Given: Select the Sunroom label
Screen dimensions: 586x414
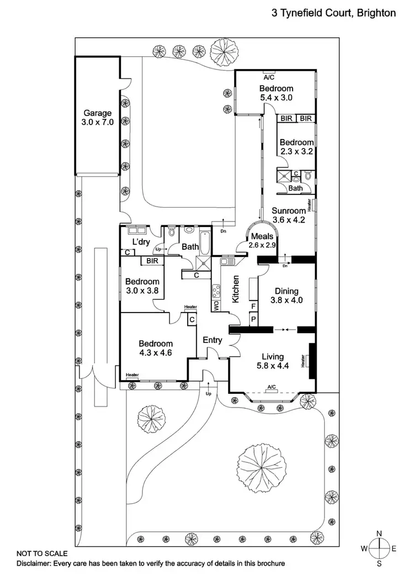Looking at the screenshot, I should click(x=288, y=211).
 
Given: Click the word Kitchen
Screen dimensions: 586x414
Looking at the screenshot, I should click(x=236, y=289).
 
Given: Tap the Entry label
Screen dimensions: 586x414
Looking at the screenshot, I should click(x=212, y=340).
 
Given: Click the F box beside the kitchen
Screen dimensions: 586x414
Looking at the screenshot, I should click(x=253, y=305).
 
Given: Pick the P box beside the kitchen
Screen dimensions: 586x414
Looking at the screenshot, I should click(x=253, y=319).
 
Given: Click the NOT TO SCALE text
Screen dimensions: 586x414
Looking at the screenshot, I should click(x=42, y=553).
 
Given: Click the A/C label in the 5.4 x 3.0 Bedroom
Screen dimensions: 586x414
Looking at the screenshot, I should click(x=269, y=77).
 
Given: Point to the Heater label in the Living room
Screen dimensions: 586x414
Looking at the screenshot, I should click(x=304, y=361).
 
